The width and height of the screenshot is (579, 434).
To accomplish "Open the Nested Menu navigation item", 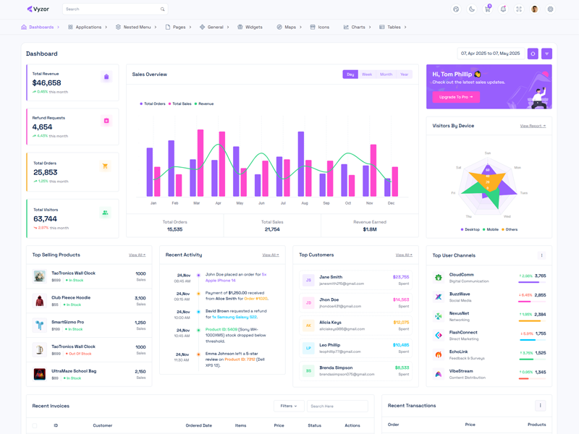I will pyautogui.click(x=137, y=27).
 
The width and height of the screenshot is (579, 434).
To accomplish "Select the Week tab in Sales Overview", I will pyautogui.click(x=367, y=75).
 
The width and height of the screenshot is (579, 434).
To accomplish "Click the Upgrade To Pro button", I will pyautogui.click(x=456, y=97).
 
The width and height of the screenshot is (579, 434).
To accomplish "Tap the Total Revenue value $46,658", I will pyautogui.click(x=46, y=83).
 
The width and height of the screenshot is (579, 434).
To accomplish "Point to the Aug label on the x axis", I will pyautogui.click(x=305, y=203).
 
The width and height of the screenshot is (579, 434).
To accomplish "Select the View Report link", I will pyautogui.click(x=533, y=126).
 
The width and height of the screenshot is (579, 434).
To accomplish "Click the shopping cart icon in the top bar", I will pyautogui.click(x=487, y=9).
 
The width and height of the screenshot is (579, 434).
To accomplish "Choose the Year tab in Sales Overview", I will pyautogui.click(x=404, y=75).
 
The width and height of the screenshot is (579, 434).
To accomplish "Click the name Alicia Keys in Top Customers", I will pyautogui.click(x=330, y=323).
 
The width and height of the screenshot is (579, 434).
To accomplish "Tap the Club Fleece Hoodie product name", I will pyautogui.click(x=71, y=297).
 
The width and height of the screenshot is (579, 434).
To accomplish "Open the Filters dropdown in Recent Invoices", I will pyautogui.click(x=288, y=406).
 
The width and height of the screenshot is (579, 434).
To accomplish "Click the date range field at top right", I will pyautogui.click(x=490, y=54).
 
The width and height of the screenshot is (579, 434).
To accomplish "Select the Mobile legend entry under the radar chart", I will pyautogui.click(x=492, y=229).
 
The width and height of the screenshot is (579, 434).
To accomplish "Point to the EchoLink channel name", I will pyautogui.click(x=458, y=352).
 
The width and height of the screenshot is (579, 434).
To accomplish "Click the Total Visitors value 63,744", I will pyautogui.click(x=45, y=219).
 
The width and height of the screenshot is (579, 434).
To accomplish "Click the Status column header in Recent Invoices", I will pyautogui.click(x=314, y=425).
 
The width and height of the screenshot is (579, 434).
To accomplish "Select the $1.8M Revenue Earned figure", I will pyautogui.click(x=370, y=229).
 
